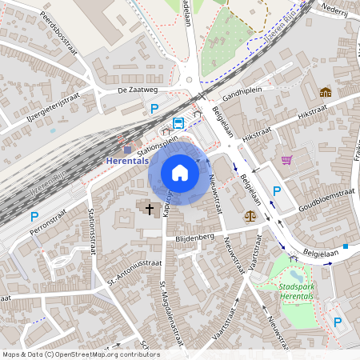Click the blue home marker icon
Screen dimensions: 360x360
(x=180, y=172)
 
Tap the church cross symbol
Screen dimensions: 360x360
(x=149, y=208)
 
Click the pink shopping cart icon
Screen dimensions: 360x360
(x=286, y=160)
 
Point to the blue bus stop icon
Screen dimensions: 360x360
(x=178, y=123)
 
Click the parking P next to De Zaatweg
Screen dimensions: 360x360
(x=155, y=109)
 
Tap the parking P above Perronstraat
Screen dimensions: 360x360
(x=34, y=216)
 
